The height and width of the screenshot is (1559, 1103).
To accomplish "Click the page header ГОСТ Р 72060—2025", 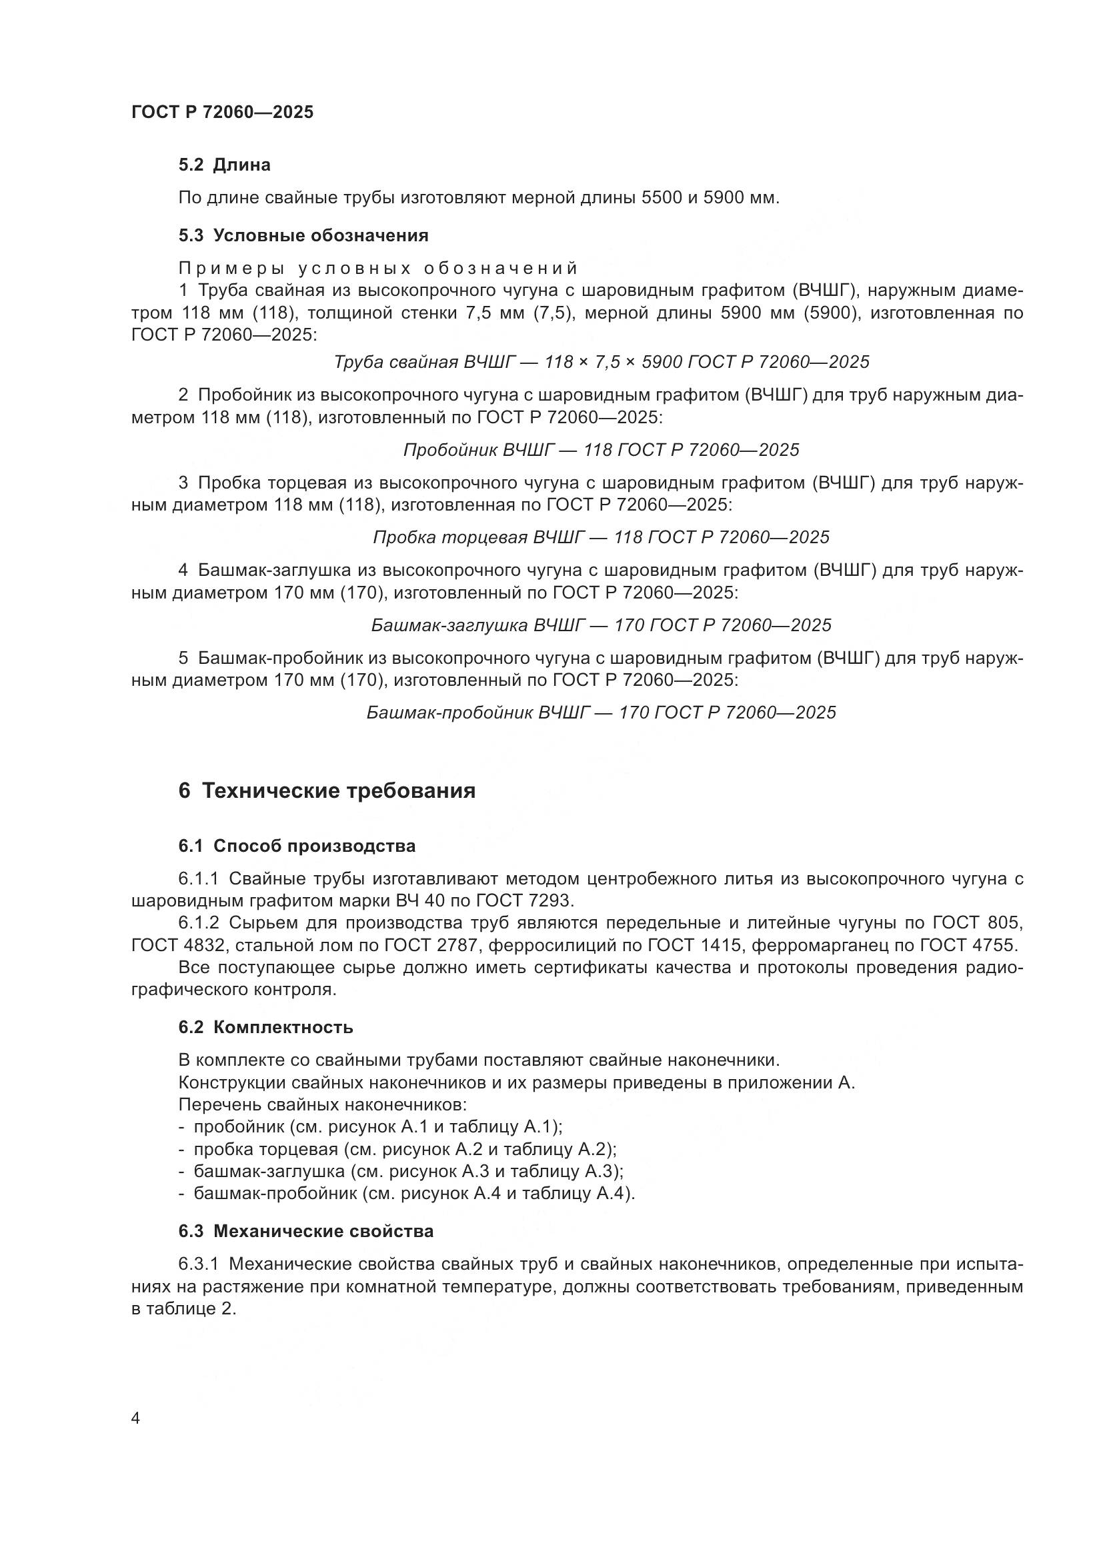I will pos(222,112).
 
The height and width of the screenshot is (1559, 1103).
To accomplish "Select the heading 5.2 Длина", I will pos(224,165).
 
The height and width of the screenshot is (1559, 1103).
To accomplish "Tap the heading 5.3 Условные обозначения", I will pos(303,235).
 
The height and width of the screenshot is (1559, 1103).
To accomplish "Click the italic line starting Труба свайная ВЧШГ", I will pos(601,362).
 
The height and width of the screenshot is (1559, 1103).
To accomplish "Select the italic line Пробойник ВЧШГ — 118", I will pos(601,450).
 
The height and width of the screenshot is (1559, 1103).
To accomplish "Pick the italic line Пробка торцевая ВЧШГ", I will pos(601,538).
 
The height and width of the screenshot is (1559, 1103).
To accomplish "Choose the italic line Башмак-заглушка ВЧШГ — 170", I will pos(601,625).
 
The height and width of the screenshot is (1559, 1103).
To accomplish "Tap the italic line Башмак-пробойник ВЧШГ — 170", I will pos(601,713).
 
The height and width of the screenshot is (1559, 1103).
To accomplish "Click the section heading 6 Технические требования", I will pos(327,791).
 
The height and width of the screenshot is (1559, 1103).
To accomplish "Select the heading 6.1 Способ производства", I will pos(297,846).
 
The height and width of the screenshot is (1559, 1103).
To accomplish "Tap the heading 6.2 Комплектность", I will pos(265,1027).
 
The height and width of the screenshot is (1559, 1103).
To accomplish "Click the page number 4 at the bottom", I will pos(135,1418).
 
